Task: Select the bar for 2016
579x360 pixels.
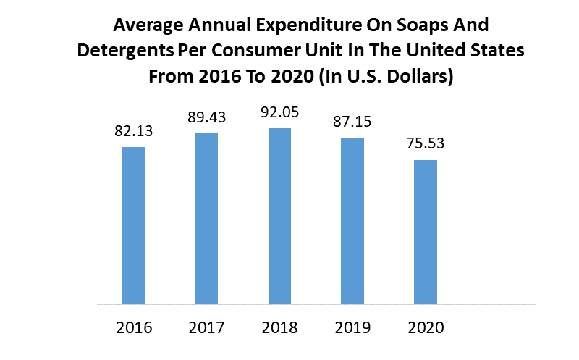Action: tap(134, 225)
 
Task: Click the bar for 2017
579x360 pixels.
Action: tap(207, 218)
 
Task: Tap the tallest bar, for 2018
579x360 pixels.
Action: tap(279, 216)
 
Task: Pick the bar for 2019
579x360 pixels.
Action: tap(352, 220)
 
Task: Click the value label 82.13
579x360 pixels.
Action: tap(134, 132)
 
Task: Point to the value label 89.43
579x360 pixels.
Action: tap(207, 118)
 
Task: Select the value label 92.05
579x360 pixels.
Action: tap(279, 113)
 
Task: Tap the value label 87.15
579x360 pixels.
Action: tap(352, 122)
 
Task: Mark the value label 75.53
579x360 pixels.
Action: tap(426, 144)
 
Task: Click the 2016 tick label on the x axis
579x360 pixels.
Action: tap(134, 327)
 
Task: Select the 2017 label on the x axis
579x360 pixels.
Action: tap(207, 327)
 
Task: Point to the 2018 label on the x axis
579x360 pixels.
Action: tap(279, 327)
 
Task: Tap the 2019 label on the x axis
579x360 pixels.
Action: tap(352, 327)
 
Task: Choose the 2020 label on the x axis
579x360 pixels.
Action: tap(426, 327)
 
